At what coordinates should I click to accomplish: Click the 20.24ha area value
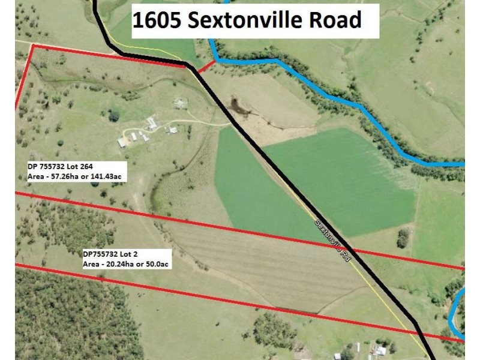pyautogui.click(x=121, y=265)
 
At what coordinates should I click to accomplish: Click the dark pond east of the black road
pyautogui.click(x=239, y=107)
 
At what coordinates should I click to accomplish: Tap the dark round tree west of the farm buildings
pyautogui.click(x=113, y=116)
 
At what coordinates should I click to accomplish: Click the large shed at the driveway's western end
pyautogui.click(x=122, y=143)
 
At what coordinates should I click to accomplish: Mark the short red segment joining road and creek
pyautogui.click(x=205, y=64)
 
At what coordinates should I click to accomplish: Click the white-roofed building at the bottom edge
pyautogui.click(x=380, y=351)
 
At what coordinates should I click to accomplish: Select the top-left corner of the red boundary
pyautogui.click(x=33, y=45)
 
